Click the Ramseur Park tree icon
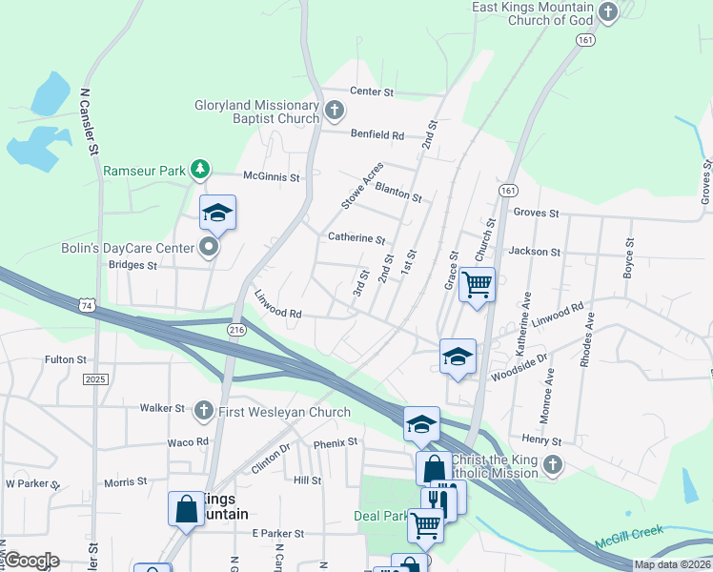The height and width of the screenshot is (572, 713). [x=199, y=171]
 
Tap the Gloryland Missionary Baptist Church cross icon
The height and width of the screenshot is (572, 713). [x=334, y=112]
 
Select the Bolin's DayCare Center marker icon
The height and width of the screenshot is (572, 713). [x=211, y=249]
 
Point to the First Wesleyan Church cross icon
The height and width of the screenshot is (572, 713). [x=203, y=412]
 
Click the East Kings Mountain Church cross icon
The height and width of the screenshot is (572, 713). [x=608, y=11]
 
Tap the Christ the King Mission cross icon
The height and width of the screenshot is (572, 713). [x=553, y=465]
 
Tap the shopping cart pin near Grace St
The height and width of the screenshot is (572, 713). [x=477, y=283]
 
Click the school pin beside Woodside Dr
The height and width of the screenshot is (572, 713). [x=458, y=357]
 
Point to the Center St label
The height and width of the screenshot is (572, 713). [x=372, y=92]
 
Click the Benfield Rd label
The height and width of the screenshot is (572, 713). [x=377, y=134]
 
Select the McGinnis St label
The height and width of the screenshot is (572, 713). [x=272, y=177]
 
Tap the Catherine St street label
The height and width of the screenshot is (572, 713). [x=356, y=238]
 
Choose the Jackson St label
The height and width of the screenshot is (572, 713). [x=535, y=252]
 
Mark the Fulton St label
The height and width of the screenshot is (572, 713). [x=66, y=360]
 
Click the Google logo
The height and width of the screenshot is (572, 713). [x=31, y=561]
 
